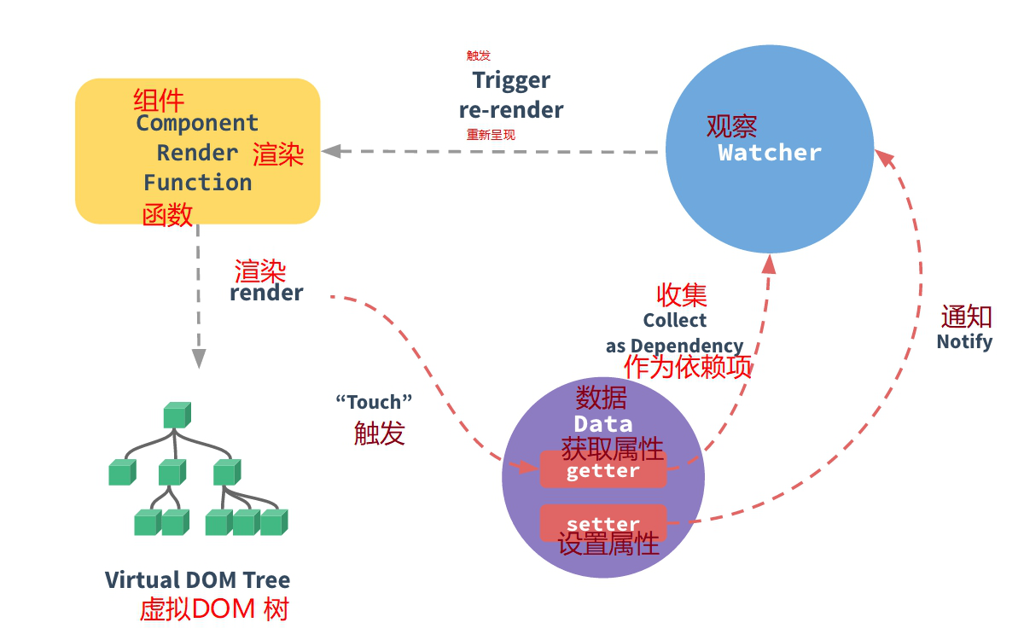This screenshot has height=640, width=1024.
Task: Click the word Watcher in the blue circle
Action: (x=769, y=153)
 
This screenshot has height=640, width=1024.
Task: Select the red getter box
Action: (x=602, y=470)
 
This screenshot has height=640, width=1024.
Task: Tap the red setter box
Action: (x=602, y=523)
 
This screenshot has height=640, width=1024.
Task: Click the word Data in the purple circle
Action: (x=602, y=424)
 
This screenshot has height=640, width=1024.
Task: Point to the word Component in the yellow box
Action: (x=197, y=123)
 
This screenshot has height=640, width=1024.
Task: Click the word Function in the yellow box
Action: (x=197, y=183)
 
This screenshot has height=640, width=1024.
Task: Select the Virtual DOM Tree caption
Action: (x=197, y=580)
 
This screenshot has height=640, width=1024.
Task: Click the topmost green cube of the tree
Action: (x=177, y=416)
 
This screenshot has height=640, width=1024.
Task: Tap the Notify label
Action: (x=964, y=342)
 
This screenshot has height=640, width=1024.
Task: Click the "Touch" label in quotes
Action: (x=374, y=401)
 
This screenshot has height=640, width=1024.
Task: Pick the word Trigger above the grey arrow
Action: (x=511, y=80)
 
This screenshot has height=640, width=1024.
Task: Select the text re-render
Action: (x=511, y=110)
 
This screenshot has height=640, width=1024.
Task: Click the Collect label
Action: (x=675, y=321)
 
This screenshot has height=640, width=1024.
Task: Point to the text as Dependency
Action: (x=674, y=346)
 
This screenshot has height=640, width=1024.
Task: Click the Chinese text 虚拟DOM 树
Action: (x=214, y=610)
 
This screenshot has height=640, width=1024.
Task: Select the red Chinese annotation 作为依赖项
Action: (x=688, y=367)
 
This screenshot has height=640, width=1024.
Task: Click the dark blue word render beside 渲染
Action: (x=266, y=293)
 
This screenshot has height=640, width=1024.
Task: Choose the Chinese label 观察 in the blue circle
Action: (x=731, y=126)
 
